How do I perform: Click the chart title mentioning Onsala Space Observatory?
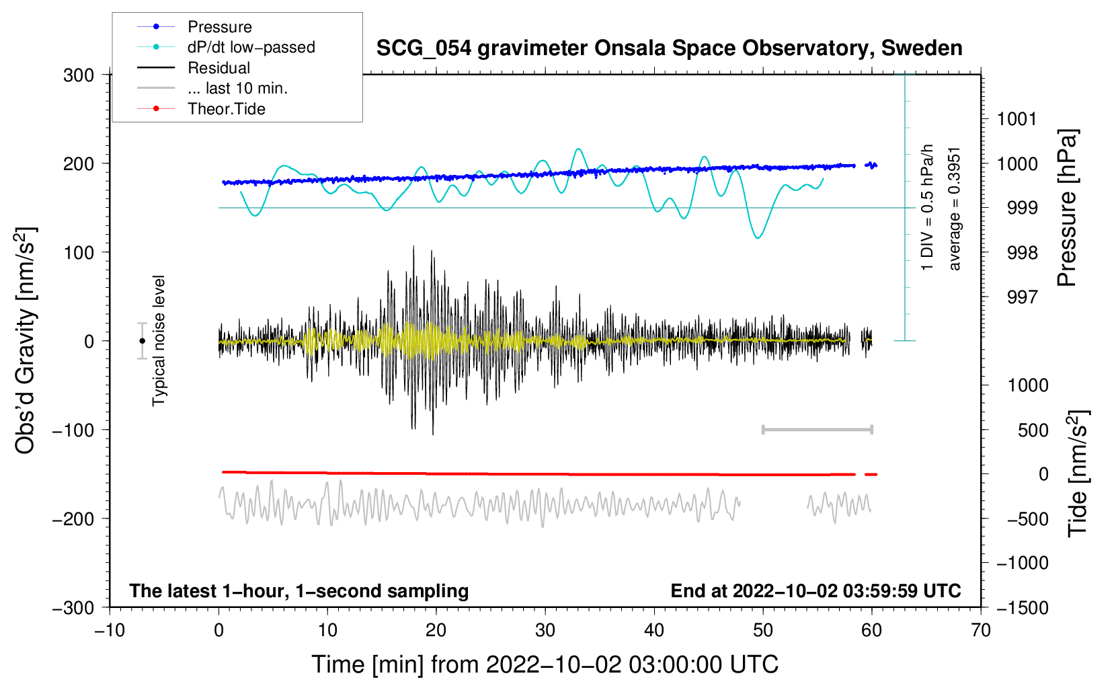(x=669, y=48)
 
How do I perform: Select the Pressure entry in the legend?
(x=220, y=26)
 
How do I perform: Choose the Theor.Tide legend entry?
(x=226, y=109)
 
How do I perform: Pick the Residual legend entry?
(x=218, y=68)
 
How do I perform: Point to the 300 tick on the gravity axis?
(x=79, y=75)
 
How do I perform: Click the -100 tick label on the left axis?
(x=73, y=430)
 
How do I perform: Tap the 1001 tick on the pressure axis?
(x=1017, y=119)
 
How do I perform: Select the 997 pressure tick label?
(x=1022, y=297)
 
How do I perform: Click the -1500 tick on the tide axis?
(x=1023, y=608)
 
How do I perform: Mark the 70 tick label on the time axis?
(x=980, y=630)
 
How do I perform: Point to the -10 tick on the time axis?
(x=110, y=630)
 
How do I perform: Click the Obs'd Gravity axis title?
(x=26, y=340)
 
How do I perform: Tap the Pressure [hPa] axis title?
(x=1067, y=208)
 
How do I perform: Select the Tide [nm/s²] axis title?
(x=1078, y=473)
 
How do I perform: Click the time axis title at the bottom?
(x=545, y=664)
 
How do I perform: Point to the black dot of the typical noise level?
(x=143, y=341)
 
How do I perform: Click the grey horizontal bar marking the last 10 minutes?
(x=818, y=430)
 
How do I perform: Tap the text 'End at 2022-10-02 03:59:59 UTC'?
(x=815, y=590)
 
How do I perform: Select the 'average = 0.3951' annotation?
(x=954, y=209)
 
